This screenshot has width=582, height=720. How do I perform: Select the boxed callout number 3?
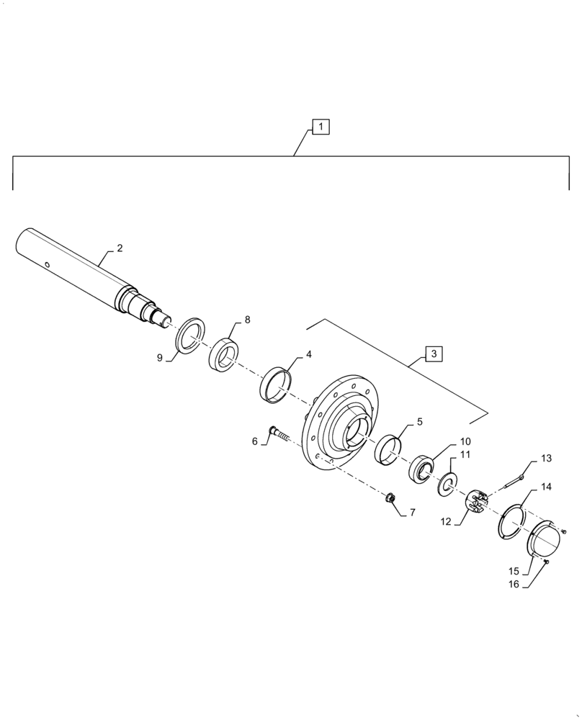coord(434,354)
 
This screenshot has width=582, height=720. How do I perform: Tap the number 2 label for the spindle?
coord(120,248)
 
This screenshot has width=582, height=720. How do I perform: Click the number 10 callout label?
coord(465,441)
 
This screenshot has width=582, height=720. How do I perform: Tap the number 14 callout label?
coord(546,487)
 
